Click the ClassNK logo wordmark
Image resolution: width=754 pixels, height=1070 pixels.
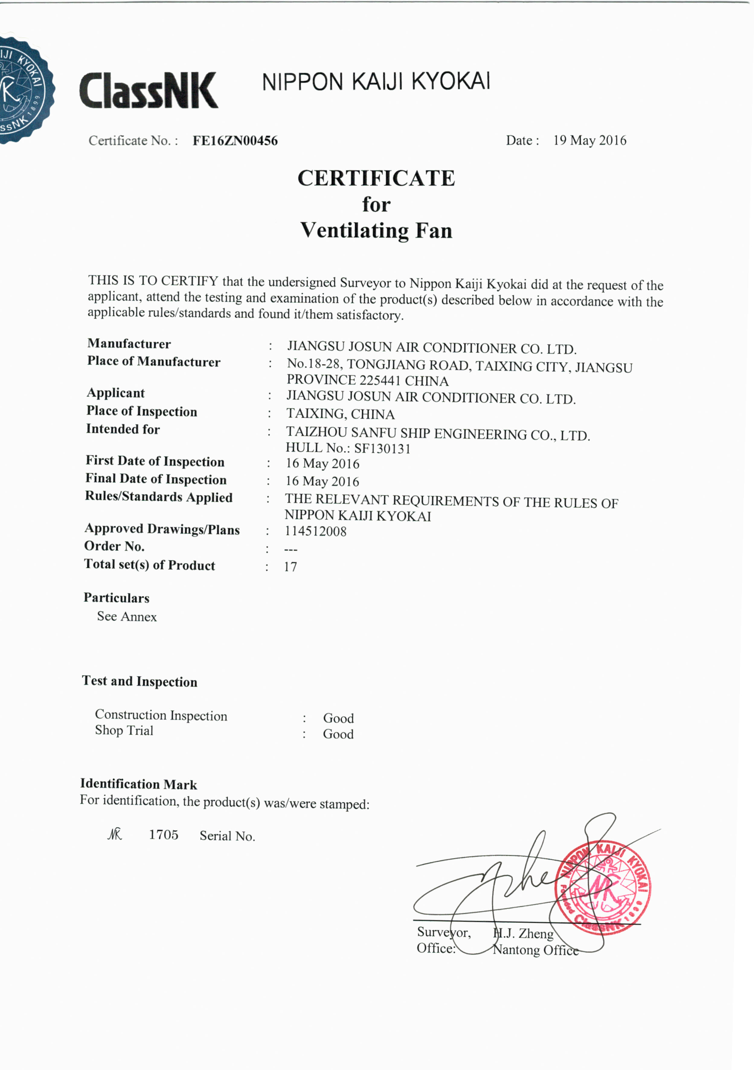[148, 90]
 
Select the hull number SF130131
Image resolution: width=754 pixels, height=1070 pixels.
[382, 449]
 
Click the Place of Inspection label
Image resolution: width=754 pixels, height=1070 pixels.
[142, 411]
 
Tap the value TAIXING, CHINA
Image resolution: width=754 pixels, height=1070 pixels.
[340, 414]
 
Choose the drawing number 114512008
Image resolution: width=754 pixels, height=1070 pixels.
[315, 531]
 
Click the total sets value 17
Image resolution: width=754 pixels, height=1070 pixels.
[290, 567]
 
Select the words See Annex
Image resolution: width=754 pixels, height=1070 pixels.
[127, 617]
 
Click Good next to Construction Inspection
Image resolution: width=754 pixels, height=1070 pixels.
[338, 718]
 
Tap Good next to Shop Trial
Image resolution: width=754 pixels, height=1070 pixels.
[338, 734]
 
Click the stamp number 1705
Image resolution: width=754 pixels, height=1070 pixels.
[163, 835]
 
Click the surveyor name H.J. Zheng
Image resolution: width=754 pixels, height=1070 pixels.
[524, 933]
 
